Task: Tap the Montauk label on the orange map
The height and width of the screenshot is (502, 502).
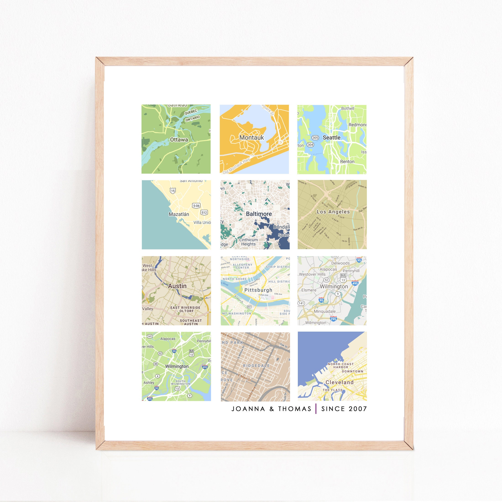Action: pyautogui.click(x=251, y=137)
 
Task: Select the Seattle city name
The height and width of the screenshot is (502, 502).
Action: pyautogui.click(x=331, y=137)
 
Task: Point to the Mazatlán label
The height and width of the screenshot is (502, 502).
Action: pyautogui.click(x=179, y=214)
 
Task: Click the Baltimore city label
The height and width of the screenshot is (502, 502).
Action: pyautogui.click(x=259, y=214)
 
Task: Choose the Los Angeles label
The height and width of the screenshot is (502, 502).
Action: pyautogui.click(x=333, y=212)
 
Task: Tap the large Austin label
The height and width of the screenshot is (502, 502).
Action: pyautogui.click(x=177, y=286)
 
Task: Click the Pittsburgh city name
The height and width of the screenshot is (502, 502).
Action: pyautogui.click(x=258, y=290)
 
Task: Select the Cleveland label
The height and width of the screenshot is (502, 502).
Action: pyautogui.click(x=339, y=382)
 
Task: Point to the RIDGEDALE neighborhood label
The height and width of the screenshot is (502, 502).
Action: pyautogui.click(x=256, y=366)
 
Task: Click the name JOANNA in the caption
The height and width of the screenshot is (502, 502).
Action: pyautogui.click(x=248, y=409)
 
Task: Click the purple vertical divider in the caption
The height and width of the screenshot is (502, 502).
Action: pyautogui.click(x=316, y=409)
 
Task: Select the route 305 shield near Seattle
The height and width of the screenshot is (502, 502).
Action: pyautogui.click(x=315, y=138)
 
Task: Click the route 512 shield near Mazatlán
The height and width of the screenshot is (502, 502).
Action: pyautogui.click(x=204, y=212)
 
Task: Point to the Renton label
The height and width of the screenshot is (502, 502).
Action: pyautogui.click(x=347, y=162)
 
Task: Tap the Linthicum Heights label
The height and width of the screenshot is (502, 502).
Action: pyautogui.click(x=248, y=242)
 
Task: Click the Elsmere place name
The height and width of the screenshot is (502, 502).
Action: pyautogui.click(x=309, y=290)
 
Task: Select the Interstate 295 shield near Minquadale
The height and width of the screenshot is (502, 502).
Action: pyautogui.click(x=333, y=319)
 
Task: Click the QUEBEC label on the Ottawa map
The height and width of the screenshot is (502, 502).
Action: pyautogui.click(x=191, y=112)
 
